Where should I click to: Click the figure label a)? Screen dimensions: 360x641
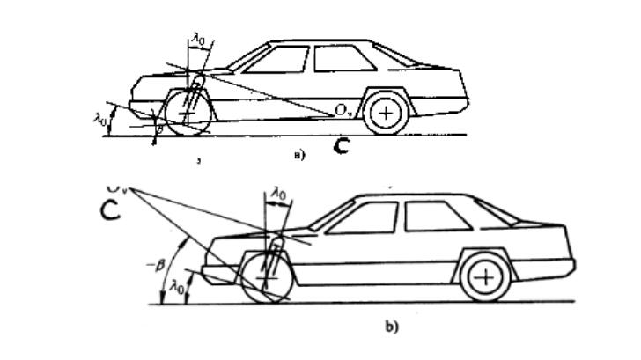tap(298, 156)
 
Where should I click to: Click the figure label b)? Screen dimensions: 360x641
tap(391, 327)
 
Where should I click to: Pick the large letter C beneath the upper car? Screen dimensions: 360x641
tap(340, 145)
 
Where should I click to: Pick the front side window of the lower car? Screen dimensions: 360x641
tap(362, 218)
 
